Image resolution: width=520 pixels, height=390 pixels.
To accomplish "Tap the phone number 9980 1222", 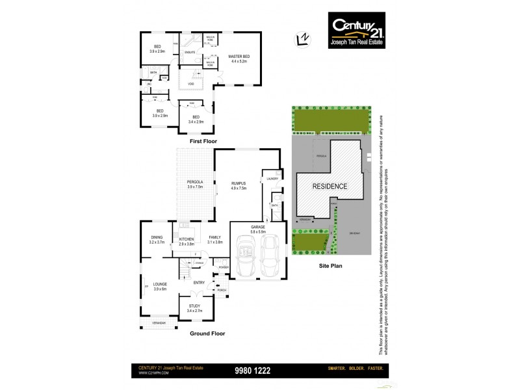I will point(252,371).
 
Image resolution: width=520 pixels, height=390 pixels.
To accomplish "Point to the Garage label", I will point(259,229).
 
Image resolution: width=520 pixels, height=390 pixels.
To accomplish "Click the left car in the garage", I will point(246,257).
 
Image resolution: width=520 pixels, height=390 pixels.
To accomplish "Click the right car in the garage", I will point(270,257).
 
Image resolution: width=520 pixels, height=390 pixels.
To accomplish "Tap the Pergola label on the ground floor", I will point(195,183).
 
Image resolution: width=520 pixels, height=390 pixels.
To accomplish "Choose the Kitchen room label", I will point(187,241).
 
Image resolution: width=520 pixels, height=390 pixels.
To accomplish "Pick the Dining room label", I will point(157,239).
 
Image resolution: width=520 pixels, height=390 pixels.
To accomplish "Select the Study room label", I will point(195,308).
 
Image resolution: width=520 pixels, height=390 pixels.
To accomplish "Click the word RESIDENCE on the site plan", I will point(330,186).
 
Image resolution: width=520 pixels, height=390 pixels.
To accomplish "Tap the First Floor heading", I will point(203,141).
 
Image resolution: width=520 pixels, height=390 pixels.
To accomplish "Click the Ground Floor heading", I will point(207,333).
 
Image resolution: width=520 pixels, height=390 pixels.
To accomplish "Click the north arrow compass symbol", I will point(301,38).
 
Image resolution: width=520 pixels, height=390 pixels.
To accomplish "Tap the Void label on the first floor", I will point(190,84).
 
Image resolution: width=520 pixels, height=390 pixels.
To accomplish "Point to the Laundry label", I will point(272,178).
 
